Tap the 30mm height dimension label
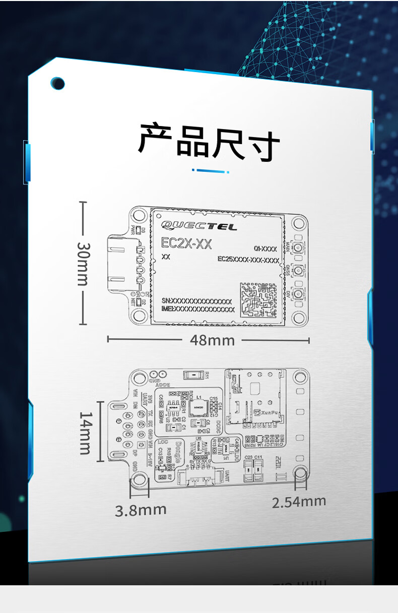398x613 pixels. pos(83,263)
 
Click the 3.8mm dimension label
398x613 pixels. pos(141,510)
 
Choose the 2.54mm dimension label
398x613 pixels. pos(299,502)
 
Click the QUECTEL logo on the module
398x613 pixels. pos(198,226)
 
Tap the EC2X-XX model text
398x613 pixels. pos(186,244)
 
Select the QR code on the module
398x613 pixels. pos(258,299)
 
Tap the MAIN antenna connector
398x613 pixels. pos(298,249)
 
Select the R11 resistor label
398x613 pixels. pos(207,375)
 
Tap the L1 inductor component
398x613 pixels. pos(198,406)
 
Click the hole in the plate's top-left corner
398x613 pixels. pos(58,84)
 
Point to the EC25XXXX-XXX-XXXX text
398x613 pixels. pos(248,260)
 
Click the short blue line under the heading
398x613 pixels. pos(211,171)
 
